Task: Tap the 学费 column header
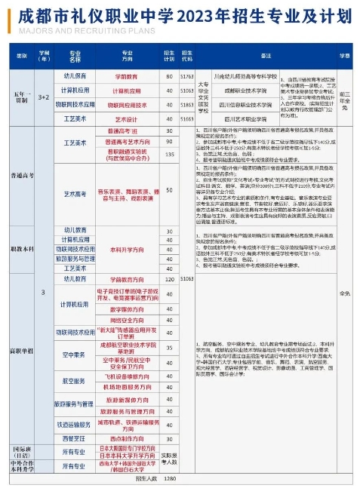point(344,56)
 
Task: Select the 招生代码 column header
point(186,56)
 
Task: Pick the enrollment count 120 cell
point(169,278)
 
